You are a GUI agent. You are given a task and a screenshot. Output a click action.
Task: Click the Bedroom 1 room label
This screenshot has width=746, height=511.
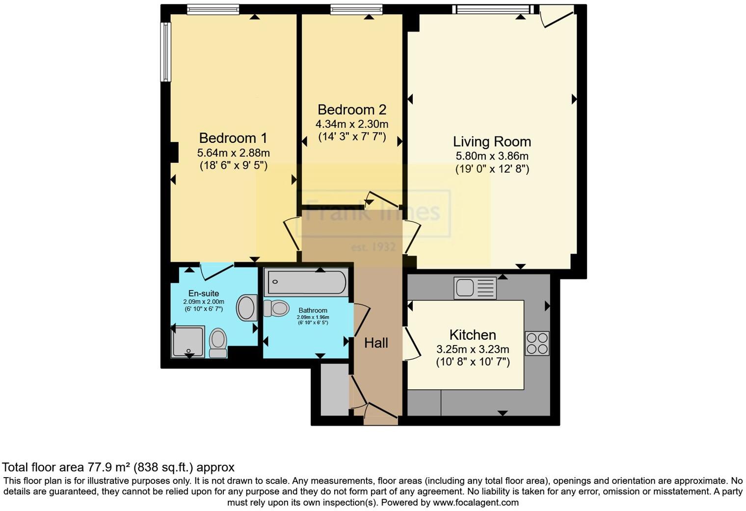coord(233,138)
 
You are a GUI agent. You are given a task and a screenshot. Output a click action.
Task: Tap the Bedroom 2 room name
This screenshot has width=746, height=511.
coord(352,109)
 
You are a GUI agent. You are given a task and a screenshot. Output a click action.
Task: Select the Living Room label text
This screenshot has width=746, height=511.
coord(492,142)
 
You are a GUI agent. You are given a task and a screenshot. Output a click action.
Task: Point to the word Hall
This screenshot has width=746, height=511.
coord(376,343)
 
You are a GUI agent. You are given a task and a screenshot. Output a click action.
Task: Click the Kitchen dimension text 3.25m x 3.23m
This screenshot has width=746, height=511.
coord(473,350)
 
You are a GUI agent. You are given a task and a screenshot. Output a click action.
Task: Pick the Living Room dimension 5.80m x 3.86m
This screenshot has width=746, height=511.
coord(492,156)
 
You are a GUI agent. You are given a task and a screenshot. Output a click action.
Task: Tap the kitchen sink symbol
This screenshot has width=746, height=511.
coord(476,288)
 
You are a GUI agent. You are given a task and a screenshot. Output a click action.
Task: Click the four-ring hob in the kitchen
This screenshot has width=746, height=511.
coord(537,343)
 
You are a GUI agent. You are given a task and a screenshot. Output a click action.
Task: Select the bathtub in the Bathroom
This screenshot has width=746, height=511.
coord(306,282)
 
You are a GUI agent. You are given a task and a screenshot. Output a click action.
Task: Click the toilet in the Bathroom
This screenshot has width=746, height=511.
coord(276,308)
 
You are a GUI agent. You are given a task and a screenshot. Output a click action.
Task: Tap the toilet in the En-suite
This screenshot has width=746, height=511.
coord(218,342)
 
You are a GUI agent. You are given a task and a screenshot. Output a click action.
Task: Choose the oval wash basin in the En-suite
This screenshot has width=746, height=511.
coord(247,308)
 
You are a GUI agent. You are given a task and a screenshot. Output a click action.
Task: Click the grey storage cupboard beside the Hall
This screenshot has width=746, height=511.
coord(335,390)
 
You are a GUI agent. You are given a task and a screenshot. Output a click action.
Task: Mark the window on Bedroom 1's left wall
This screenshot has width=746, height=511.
coord(166,52)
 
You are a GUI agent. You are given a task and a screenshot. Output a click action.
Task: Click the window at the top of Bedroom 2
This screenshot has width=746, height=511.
coord(356,8)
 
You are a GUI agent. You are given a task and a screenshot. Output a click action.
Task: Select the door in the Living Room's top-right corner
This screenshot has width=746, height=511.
coord(556,16)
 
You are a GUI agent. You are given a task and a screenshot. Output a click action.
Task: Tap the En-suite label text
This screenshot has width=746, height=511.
coord(204,294)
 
